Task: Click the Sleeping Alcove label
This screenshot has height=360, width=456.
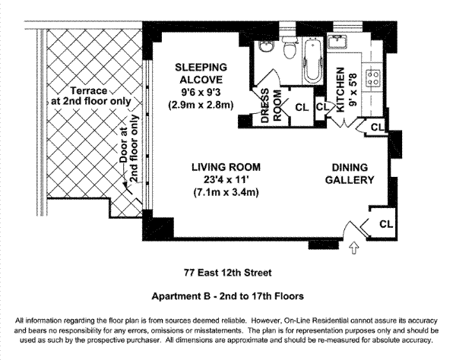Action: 201,73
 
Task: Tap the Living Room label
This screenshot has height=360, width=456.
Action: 226,167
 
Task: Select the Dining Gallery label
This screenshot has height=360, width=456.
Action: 350,174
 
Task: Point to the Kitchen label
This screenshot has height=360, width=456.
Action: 340,90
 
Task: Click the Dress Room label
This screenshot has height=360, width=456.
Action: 271,106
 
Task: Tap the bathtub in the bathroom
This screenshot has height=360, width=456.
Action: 313,60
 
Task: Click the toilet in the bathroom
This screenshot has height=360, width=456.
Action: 290,49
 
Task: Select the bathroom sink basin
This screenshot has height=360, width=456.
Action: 267,46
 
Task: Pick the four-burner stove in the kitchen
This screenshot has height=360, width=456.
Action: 372,78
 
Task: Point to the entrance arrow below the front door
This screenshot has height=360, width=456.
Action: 353,248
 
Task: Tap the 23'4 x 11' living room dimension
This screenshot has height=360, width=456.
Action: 226,180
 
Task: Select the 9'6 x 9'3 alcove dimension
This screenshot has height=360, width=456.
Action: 201,92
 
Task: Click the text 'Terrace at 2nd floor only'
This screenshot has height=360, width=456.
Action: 91,96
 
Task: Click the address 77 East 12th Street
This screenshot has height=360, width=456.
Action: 228,273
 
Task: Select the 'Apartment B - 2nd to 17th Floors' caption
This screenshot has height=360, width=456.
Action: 228,296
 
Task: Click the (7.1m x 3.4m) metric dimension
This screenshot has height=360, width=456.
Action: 226,192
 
